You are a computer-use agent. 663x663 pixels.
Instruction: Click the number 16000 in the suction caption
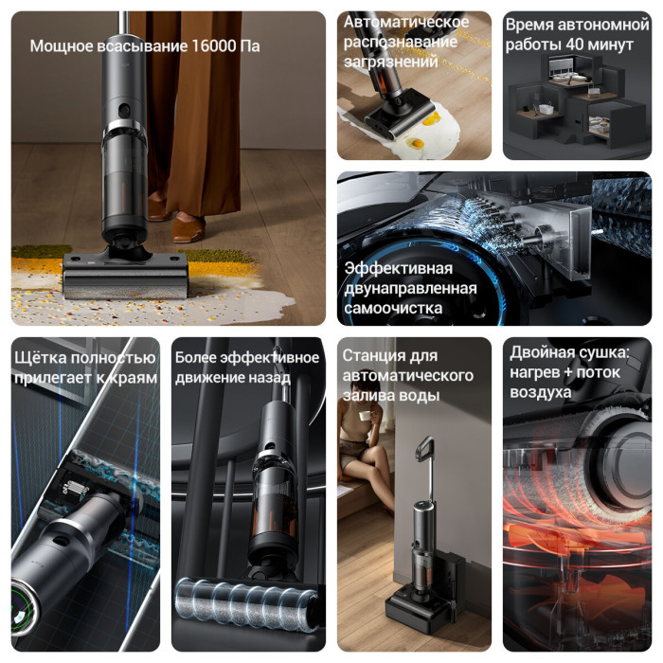214,45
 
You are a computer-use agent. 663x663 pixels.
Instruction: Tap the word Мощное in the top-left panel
62,46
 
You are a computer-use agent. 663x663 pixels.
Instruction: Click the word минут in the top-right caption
611,45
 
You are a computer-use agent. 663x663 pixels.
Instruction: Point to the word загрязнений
391,63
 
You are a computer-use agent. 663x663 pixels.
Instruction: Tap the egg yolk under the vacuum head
416,143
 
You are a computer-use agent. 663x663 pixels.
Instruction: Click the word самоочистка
393,308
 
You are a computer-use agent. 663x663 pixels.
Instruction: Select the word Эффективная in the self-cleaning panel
399,268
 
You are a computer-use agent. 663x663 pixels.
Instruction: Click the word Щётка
41,358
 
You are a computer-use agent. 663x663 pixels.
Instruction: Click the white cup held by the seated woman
364,416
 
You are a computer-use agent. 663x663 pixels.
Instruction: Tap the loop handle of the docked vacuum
424,449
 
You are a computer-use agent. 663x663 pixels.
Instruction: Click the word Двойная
542,352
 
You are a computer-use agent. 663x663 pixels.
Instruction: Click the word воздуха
541,392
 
